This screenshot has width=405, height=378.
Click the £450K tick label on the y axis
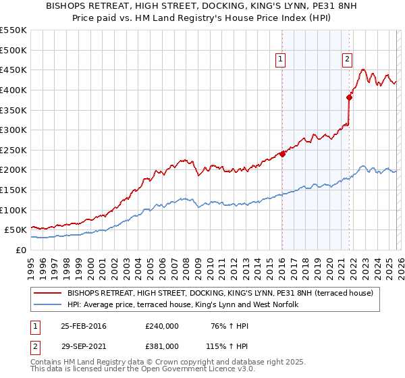[x=13, y=70]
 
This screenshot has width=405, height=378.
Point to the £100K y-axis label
[x=13, y=210]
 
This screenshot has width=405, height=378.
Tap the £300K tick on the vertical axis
[x=13, y=130]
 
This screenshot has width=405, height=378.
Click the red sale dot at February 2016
[x=282, y=154]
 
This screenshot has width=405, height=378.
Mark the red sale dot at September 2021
[x=350, y=97]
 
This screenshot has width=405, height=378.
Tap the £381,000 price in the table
[x=162, y=346]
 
